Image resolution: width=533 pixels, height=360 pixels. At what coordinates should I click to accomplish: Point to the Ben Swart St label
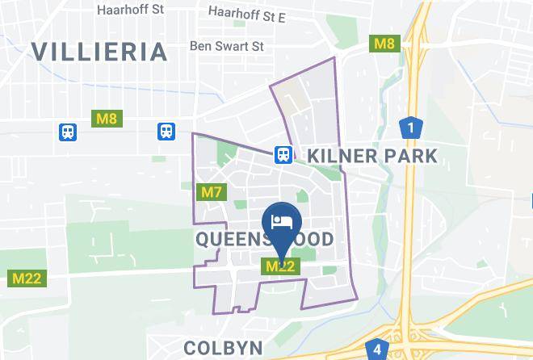226,46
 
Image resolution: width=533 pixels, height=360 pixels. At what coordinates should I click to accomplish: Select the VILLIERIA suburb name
99,52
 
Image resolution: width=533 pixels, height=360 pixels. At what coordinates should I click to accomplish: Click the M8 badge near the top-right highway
384,43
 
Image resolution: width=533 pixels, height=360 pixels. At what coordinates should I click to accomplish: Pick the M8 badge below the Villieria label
107,119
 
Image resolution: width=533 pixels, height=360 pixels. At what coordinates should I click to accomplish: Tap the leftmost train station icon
67,130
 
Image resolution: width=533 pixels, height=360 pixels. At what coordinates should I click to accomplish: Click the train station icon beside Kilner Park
283,153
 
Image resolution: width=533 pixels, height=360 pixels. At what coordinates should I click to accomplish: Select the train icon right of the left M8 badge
167,130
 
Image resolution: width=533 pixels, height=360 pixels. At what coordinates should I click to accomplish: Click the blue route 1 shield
411,128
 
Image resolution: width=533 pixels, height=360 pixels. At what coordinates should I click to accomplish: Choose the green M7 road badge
211,192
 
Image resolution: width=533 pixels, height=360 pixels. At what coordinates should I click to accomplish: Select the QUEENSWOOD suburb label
264,240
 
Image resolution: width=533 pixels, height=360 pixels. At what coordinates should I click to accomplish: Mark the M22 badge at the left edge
27,278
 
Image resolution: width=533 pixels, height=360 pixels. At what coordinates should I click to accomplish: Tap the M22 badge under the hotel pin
282,266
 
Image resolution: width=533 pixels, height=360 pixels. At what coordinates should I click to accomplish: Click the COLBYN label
223,347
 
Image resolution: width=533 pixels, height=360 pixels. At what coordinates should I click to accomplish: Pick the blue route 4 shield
377,350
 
